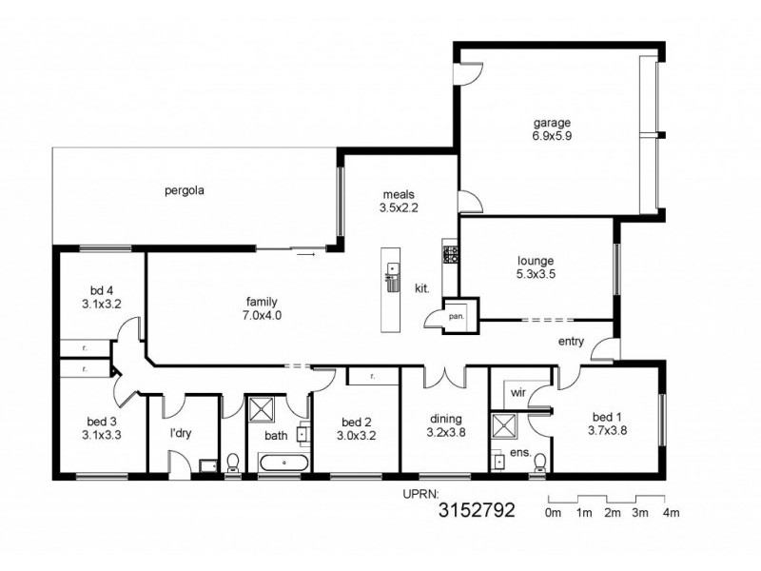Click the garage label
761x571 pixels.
[552, 123]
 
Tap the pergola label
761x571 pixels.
[184, 190]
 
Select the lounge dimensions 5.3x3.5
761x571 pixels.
[536, 274]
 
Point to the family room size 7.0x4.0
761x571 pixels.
[262, 315]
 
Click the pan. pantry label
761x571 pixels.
[457, 316]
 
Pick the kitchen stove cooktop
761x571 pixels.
[450, 254]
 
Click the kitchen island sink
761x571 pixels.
[391, 268]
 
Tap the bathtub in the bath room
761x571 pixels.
[283, 463]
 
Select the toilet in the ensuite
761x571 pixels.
[539, 463]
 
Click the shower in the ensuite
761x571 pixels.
[504, 426]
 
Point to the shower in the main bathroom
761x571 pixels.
[262, 409]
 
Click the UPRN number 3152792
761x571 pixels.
[477, 510]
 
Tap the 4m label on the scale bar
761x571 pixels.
[671, 512]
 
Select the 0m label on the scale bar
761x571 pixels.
[553, 512]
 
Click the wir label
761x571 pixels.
[517, 392]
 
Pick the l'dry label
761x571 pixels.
[181, 433]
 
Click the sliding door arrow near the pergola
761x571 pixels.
[305, 254]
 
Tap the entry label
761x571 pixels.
[571, 342]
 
